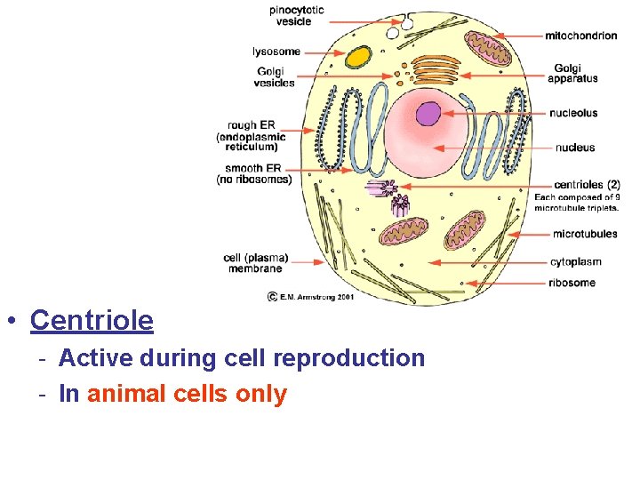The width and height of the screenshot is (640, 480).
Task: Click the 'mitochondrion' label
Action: [x=580, y=36]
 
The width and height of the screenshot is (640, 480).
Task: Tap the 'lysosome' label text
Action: [x=276, y=52]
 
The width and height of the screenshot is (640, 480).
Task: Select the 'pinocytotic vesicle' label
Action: [x=297, y=15]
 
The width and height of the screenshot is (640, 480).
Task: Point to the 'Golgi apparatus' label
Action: [x=572, y=73]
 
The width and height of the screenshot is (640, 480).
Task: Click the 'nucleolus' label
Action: [x=573, y=113]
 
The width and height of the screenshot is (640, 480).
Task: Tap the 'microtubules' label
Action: [x=584, y=235]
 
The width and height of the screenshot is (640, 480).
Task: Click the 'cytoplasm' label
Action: [x=576, y=262]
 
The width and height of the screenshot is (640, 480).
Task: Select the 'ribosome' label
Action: [x=572, y=283]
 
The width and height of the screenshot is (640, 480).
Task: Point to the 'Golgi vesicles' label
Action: [x=274, y=77]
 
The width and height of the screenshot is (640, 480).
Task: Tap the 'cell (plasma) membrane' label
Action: [x=255, y=263]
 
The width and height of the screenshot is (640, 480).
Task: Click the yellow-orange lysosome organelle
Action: [x=358, y=57]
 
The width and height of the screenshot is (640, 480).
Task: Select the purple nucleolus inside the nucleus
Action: [x=428, y=114]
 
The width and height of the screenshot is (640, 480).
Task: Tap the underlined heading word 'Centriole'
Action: [x=92, y=320]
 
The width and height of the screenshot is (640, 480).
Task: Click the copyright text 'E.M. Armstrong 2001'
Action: [x=316, y=297]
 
